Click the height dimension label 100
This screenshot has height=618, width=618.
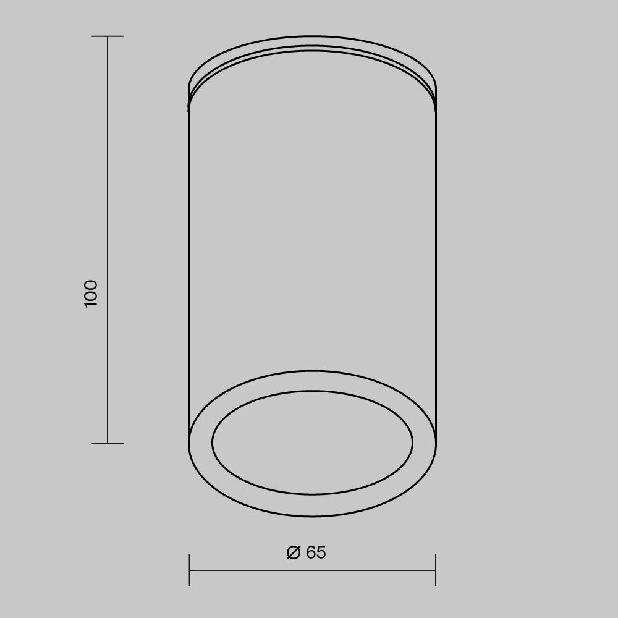(x=91, y=294)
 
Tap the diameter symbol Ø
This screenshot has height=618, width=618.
(x=294, y=552)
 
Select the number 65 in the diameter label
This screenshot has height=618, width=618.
(x=316, y=552)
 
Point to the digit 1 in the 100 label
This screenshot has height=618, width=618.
(x=91, y=304)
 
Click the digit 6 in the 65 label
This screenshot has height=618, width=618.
(x=311, y=552)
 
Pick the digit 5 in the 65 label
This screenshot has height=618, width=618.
(x=321, y=552)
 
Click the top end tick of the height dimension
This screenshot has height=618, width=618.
(x=108, y=36)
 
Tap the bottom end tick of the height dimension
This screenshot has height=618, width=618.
(x=108, y=443)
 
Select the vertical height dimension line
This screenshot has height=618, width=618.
(x=108, y=240)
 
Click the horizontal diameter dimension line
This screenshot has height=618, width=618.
(x=313, y=570)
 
